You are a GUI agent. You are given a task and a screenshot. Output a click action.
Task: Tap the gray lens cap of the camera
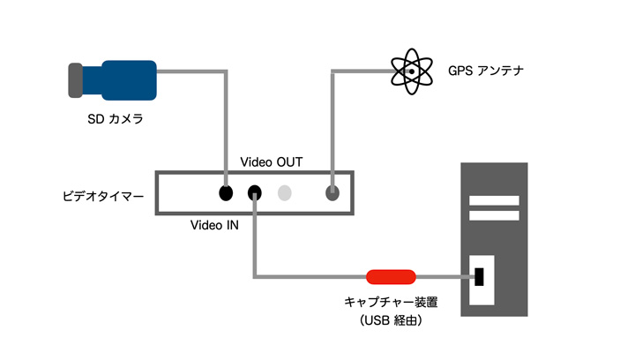point(75,80)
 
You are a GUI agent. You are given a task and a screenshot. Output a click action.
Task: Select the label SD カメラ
point(116,118)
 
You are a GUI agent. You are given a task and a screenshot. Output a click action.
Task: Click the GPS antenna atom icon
point(412,71)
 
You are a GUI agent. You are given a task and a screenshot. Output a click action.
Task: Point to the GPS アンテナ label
point(486,71)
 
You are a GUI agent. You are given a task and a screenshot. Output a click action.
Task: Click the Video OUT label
point(272,162)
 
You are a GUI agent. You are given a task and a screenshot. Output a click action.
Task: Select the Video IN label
point(214,225)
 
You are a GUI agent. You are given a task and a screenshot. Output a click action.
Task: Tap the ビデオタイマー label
point(103,197)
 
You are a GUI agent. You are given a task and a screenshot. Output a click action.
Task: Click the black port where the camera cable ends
point(226,192)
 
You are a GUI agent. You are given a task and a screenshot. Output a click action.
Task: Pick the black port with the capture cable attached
point(254,192)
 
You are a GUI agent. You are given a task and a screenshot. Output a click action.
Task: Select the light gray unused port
point(284,192)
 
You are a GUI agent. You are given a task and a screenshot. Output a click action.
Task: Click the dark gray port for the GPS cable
point(332,192)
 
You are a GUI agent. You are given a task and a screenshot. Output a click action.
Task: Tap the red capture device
point(391,277)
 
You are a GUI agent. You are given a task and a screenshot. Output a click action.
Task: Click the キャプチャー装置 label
point(391,302)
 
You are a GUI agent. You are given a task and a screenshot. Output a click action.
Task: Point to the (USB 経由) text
point(391,320)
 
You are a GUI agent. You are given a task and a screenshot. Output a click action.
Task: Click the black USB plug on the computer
point(479,277)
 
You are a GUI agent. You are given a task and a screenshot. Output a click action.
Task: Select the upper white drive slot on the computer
point(494,200)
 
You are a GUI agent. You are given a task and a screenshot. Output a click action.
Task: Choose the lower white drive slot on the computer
point(494,215)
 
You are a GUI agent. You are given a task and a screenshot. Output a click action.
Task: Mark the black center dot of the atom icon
point(412,71)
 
